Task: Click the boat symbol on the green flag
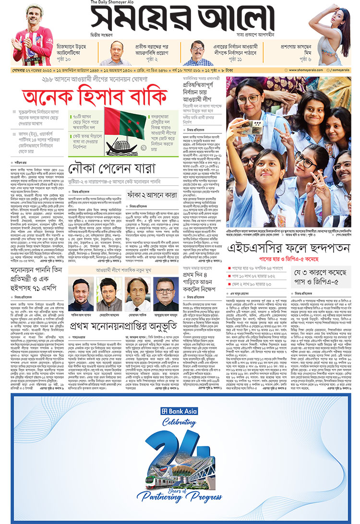(119, 144)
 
